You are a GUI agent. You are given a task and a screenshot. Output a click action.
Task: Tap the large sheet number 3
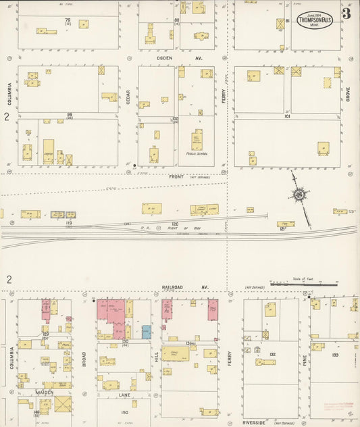coord(346,14)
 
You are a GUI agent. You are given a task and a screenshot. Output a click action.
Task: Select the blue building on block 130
coord(147,332)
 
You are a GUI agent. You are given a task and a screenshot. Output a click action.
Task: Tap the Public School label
coord(197,153)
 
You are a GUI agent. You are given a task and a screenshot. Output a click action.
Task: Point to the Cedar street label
coord(128,97)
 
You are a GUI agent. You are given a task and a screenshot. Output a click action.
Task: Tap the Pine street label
coord(305,361)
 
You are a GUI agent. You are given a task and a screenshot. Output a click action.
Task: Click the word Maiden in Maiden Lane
coord(45,392)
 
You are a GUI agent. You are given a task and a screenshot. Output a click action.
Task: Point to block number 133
coord(335,354)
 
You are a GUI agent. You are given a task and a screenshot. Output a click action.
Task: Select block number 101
coord(287,116)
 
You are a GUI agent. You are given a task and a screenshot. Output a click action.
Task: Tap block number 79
coord(68,20)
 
